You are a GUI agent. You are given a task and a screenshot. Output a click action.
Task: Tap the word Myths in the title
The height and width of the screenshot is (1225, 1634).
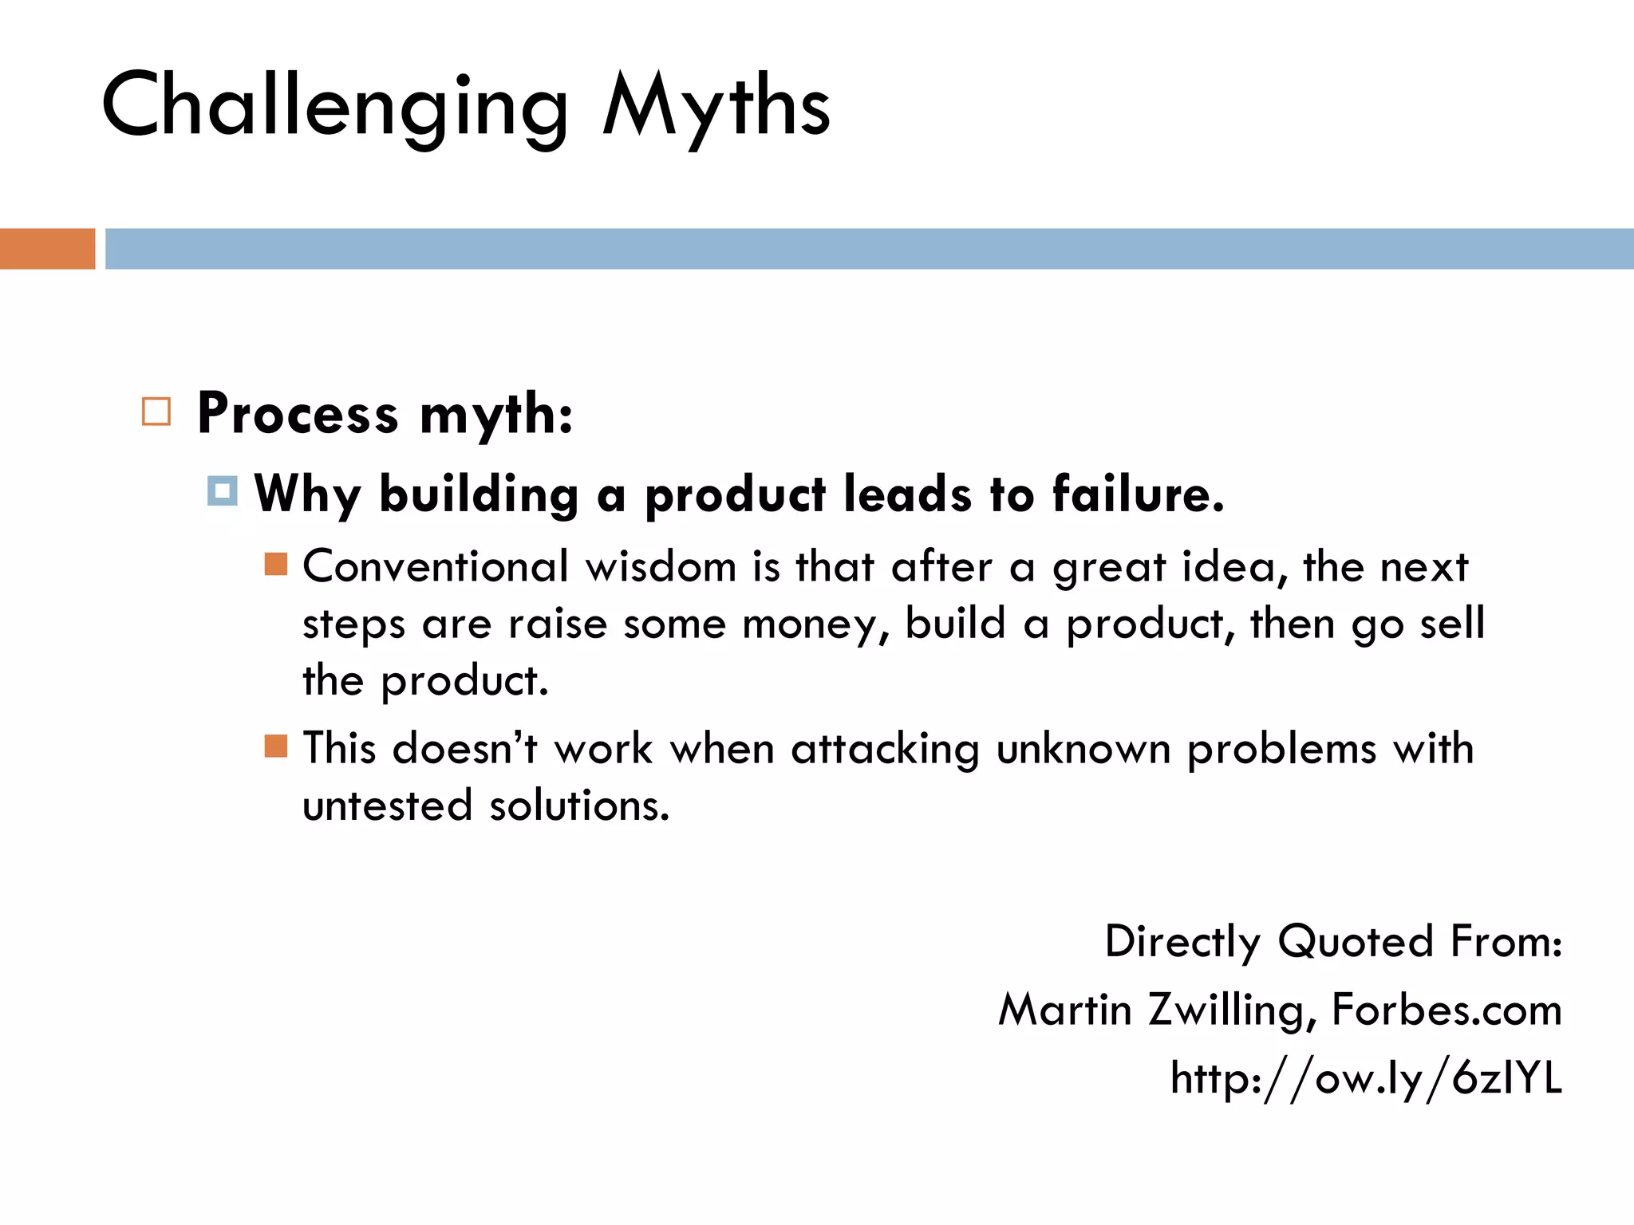pyautogui.click(x=716, y=106)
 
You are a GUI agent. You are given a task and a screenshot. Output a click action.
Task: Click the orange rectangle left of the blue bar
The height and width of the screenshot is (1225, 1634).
pyautogui.click(x=47, y=249)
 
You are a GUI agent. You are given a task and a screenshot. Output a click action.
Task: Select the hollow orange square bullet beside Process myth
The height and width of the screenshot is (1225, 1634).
pyautogui.click(x=156, y=412)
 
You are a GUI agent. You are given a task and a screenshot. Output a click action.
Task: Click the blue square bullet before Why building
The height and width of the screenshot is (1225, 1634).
pyautogui.click(x=223, y=491)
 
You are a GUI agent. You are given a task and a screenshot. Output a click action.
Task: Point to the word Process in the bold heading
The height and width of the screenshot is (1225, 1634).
pyautogui.click(x=298, y=414)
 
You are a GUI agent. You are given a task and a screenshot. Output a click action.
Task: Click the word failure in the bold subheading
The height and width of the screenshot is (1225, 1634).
pyautogui.click(x=1137, y=494)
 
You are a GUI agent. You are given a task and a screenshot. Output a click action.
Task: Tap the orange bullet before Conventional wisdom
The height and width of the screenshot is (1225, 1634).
pyautogui.click(x=276, y=564)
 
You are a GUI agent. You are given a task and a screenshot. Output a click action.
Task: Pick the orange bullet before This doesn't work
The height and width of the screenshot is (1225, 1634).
pyautogui.click(x=276, y=746)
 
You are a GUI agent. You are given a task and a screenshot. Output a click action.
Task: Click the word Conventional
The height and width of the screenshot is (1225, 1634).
pyautogui.click(x=436, y=567)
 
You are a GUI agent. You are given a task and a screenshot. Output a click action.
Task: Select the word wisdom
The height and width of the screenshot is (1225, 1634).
pyautogui.click(x=661, y=567)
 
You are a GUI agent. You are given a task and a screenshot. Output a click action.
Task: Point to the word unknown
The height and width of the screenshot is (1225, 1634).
pyautogui.click(x=1083, y=749)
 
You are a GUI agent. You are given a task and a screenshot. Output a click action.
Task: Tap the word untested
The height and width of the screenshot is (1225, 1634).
pyautogui.click(x=388, y=806)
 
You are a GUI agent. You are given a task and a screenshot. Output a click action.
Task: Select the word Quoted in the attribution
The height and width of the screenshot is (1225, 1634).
pyautogui.click(x=1355, y=942)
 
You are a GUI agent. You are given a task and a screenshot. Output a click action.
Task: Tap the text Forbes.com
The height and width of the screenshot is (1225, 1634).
pyautogui.click(x=1447, y=1010)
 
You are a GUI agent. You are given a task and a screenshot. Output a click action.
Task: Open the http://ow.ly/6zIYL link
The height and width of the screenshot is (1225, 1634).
pyautogui.click(x=1366, y=1079)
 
